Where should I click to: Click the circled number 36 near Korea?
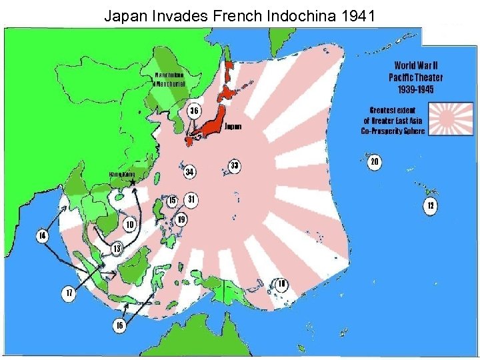[x=193, y=110]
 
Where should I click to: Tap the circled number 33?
[x=234, y=165]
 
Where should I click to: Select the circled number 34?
[x=189, y=172]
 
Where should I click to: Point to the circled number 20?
[x=375, y=162]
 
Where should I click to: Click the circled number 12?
[x=431, y=206]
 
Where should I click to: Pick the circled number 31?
[x=191, y=199]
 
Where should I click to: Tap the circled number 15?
[x=172, y=200]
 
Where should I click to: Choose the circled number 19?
[x=181, y=219]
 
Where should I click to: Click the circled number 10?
[x=129, y=225]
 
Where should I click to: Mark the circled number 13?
[x=117, y=249]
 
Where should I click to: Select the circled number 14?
[x=43, y=236]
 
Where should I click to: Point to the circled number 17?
[x=67, y=293]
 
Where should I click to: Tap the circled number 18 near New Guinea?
[x=282, y=284]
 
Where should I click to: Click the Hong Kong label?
[x=121, y=175]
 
